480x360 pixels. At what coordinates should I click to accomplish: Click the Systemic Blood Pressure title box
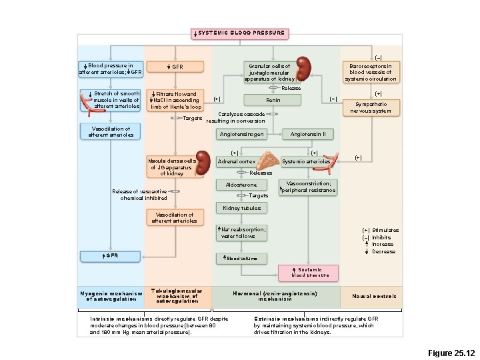240,33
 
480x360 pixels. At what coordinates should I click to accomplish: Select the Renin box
273,100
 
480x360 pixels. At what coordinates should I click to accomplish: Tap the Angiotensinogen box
241,134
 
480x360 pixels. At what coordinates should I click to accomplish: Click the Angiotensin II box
308,134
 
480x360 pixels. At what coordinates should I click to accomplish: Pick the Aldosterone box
241,185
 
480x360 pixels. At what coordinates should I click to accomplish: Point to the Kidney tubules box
241,208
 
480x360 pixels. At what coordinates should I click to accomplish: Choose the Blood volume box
241,258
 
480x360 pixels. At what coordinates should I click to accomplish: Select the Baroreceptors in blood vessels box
371,73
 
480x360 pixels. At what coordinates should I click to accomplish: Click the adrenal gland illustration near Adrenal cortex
269,161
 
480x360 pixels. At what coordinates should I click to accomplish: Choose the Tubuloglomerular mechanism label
177,296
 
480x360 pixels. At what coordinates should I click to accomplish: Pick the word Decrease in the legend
383,251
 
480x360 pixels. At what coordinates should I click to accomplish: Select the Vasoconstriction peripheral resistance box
308,187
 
